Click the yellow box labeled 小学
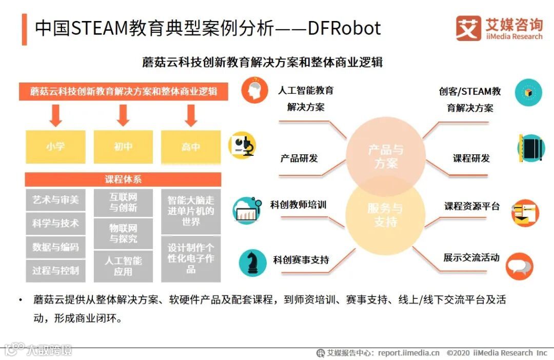(55, 147)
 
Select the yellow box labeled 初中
(123, 147)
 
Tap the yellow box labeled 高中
(191, 147)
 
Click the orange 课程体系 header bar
(123, 179)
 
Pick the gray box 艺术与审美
(55, 200)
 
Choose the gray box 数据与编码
(55, 247)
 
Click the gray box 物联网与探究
(123, 233)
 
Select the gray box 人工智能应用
(123, 266)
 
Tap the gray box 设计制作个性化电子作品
(191, 258)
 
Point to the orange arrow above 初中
(123, 115)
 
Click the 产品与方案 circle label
(386, 156)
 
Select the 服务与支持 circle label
(385, 215)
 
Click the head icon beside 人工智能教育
(255, 90)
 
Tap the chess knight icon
(253, 262)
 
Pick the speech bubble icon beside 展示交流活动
(519, 267)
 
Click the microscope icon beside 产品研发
(242, 145)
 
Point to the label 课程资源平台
(471, 206)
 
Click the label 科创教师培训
(298, 205)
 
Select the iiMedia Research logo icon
(468, 28)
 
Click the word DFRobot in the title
(344, 28)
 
